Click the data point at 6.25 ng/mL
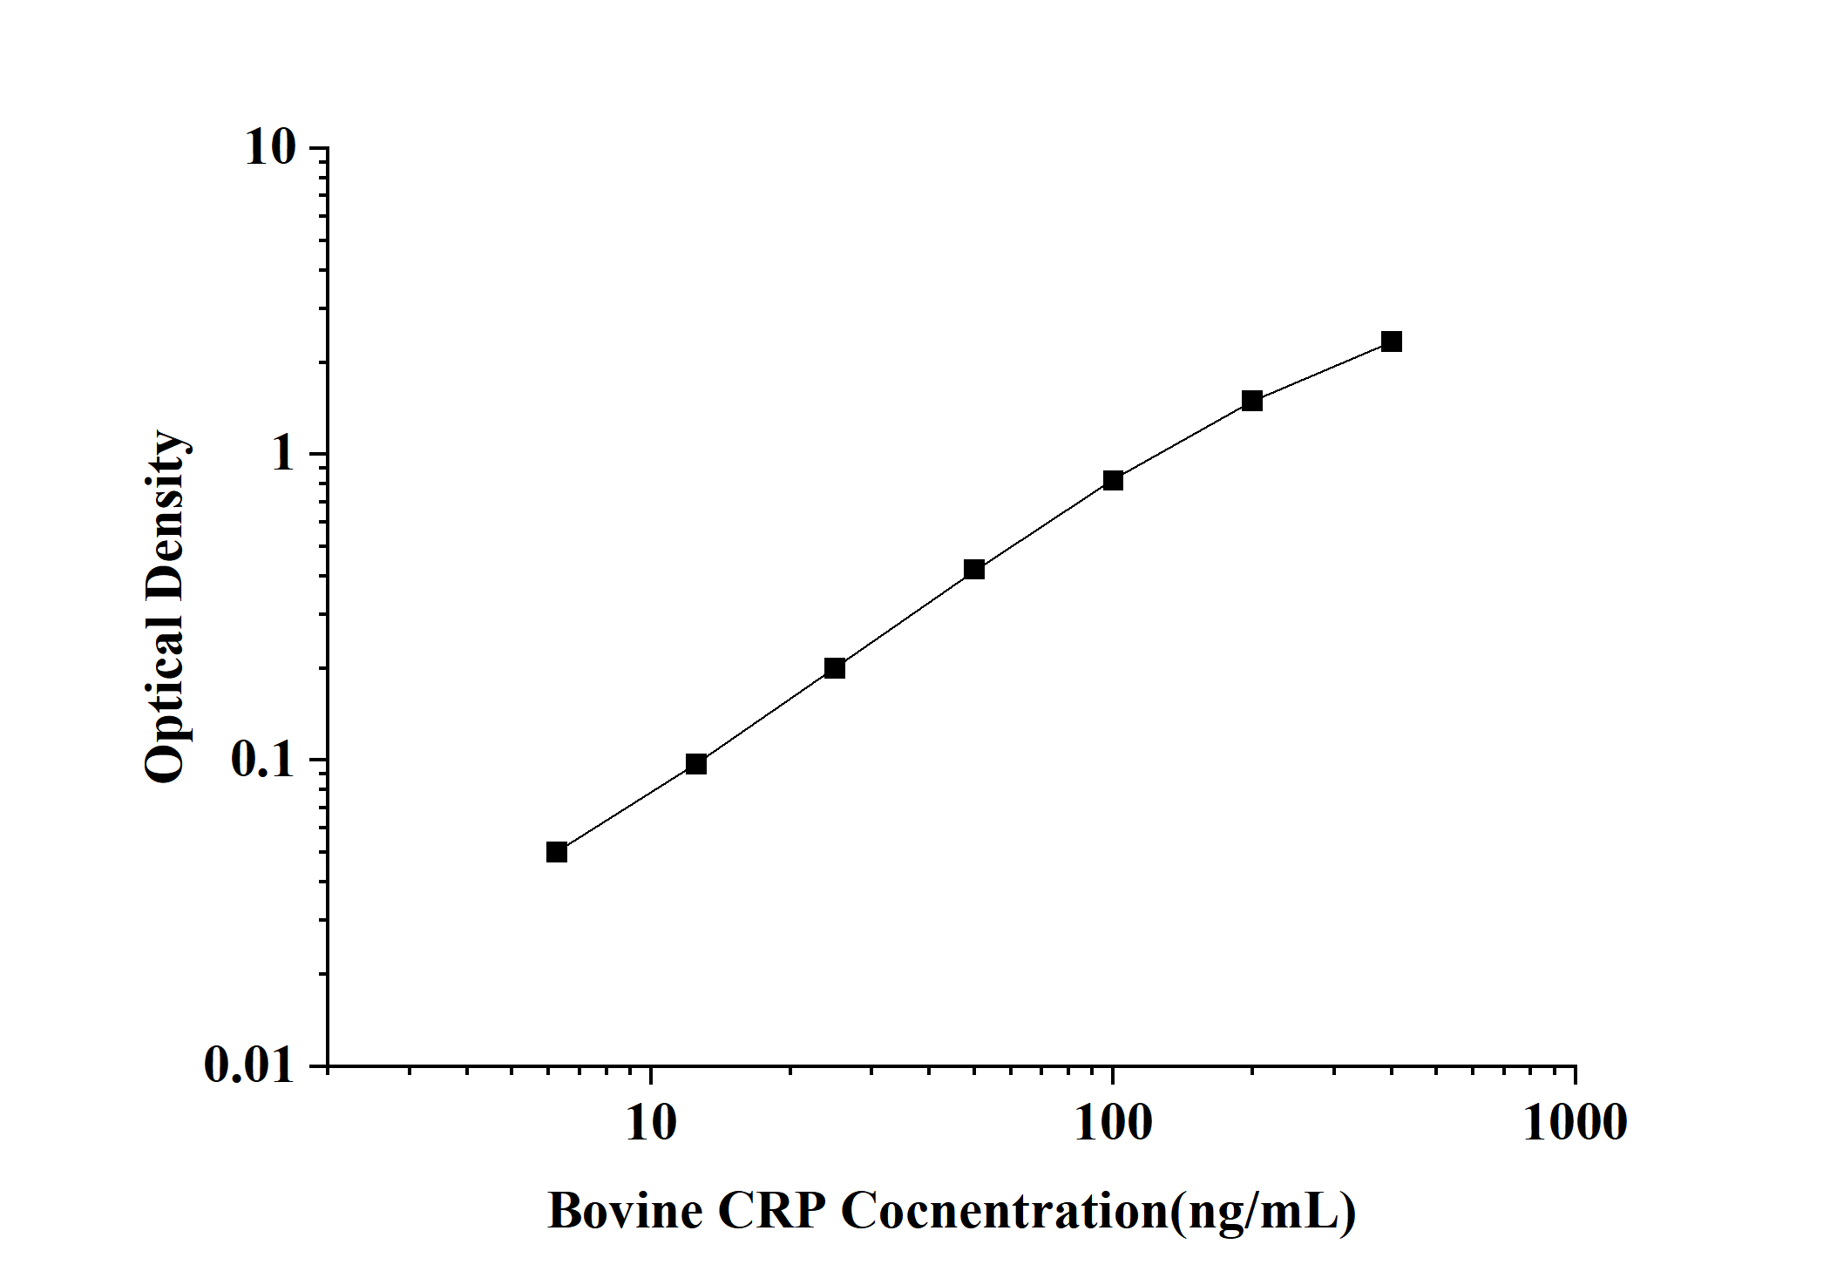tap(557, 852)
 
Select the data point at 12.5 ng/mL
tap(696, 764)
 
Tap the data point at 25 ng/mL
tap(835, 668)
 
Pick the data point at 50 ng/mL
tap(974, 570)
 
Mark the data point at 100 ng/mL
tap(1113, 480)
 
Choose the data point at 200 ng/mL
tap(1252, 401)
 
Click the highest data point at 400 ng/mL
tap(1392, 341)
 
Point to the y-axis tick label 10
tap(270, 148)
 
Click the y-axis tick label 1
tap(283, 454)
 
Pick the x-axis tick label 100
tap(1113, 1124)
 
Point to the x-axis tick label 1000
tap(1575, 1124)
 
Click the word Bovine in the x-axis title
tap(625, 1211)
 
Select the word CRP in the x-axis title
tap(771, 1211)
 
